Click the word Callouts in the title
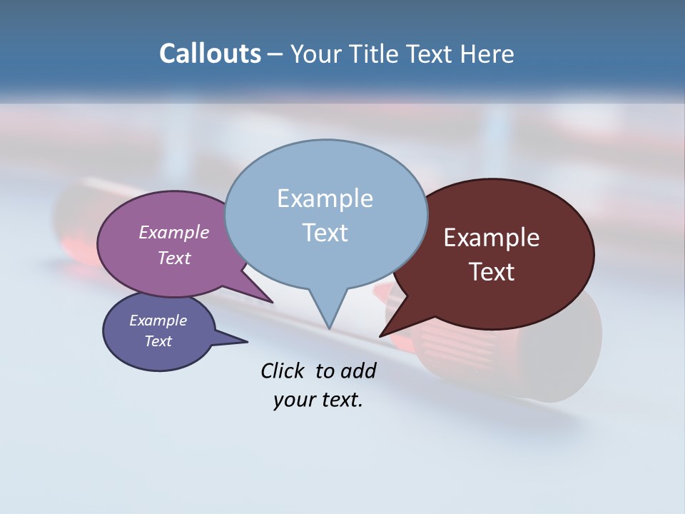210,54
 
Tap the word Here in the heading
487,54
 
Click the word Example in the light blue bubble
325,198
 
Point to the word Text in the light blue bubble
325,233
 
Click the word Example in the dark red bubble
492,238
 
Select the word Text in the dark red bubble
492,272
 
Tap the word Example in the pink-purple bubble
173,233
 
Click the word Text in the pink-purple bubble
173,258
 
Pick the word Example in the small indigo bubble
158,321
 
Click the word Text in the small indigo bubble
158,341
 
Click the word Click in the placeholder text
284,371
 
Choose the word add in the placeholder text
359,371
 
